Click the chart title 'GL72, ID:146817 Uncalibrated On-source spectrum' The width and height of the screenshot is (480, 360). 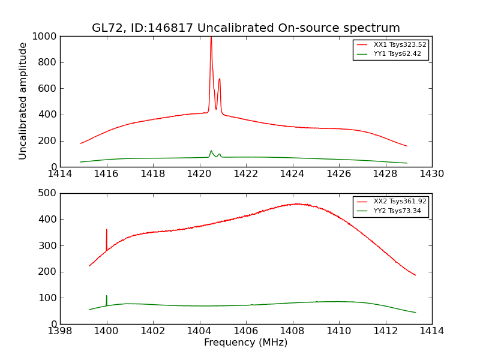point(245,28)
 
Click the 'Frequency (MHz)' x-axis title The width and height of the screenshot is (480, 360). point(245,343)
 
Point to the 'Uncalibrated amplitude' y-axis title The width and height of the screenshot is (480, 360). point(23,101)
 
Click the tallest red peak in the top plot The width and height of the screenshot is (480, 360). point(211,38)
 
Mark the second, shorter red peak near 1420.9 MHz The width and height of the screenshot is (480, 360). point(220,79)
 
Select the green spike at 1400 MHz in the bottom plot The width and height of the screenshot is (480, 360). point(107,296)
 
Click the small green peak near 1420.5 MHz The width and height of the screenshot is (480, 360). point(211,151)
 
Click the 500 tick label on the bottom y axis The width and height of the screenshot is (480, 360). point(49,193)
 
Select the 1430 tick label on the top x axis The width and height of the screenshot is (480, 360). point(431,174)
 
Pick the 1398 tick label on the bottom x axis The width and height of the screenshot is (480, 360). point(61,331)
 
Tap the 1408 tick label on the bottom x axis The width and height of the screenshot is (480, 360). point(292,331)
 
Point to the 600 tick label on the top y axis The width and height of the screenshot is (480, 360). point(49,89)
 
